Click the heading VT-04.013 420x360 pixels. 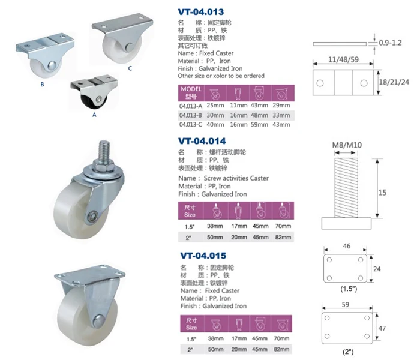200,12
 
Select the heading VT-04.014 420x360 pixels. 202,141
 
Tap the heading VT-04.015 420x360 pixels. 203,256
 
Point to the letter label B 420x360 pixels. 42,85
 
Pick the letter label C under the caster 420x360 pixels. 130,68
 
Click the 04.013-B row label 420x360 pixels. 190,115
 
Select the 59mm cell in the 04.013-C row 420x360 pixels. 259,125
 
